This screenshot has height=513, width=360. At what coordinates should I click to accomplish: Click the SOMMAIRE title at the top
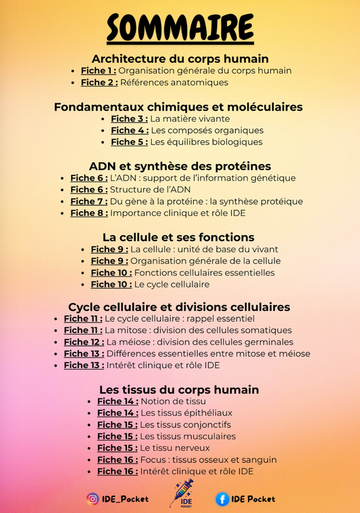click(180, 28)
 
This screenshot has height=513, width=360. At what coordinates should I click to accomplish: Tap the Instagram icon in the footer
click(93, 499)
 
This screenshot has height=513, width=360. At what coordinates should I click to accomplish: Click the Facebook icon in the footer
click(222, 499)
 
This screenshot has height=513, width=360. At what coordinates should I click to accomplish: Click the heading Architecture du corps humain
click(180, 59)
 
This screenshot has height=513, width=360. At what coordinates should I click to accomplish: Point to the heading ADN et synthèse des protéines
click(180, 166)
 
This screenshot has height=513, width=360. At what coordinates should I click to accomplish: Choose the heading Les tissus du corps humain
click(179, 389)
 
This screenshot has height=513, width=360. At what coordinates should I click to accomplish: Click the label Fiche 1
click(98, 71)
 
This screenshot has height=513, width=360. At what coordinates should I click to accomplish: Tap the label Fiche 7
click(88, 201)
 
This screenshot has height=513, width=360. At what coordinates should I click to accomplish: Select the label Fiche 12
click(83, 342)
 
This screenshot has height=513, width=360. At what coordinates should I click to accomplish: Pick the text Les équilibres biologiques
click(207, 142)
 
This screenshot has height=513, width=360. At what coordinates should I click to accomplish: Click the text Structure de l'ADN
click(150, 190)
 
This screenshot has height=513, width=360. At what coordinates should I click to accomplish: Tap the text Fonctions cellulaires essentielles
click(204, 273)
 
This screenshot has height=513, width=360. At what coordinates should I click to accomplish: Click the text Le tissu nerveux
click(175, 448)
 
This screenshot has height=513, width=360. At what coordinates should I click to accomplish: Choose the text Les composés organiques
click(207, 130)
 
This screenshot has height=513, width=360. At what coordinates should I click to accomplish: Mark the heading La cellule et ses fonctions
click(178, 237)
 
